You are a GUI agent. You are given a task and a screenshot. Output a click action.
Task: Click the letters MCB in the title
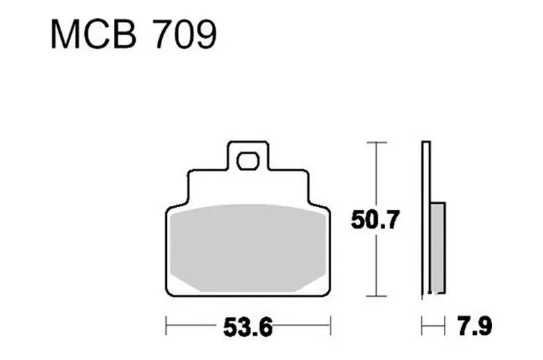tap(94, 35)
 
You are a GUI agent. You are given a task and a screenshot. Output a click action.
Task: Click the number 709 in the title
tap(185, 35)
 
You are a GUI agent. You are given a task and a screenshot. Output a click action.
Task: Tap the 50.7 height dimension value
tap(375, 219)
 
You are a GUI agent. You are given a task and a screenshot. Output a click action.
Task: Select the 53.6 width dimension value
tap(248, 327)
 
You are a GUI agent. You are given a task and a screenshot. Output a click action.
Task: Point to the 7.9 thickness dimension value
tap(474, 326)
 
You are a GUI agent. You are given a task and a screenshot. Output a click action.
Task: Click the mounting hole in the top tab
tap(248, 162)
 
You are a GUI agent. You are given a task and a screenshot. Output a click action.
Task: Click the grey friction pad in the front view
tap(248, 248)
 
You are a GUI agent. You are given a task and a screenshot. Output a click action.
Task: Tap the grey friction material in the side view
tap(438, 248)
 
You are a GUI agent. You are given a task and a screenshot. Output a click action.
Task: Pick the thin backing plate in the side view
tap(426, 219)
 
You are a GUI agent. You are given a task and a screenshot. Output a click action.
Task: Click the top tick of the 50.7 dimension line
tap(376, 142)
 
